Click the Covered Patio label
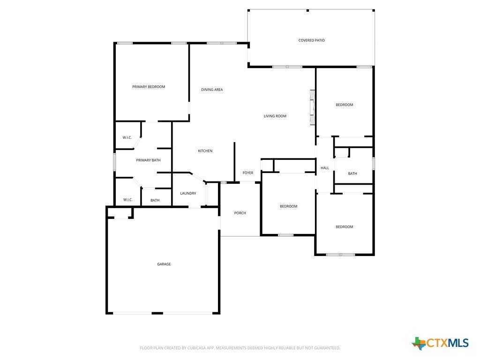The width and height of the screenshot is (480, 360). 311,40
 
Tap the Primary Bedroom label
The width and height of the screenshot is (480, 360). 148,87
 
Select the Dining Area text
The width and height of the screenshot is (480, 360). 212,90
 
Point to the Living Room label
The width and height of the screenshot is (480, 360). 275,116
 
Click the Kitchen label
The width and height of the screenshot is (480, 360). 205,151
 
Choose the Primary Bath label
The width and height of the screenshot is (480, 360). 148,160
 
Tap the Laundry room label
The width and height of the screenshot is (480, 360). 188,194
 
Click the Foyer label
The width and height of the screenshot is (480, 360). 247,173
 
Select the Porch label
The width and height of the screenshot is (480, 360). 240,213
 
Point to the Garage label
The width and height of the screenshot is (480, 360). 164,264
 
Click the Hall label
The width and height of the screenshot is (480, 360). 324,168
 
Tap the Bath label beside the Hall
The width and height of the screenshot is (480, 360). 352,174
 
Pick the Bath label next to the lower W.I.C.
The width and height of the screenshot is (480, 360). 155,201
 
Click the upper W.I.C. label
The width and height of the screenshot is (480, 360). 127,138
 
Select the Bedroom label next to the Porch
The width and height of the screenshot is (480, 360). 288,207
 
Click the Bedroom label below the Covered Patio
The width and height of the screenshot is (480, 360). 344,105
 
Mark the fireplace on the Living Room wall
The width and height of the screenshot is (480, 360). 312,107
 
